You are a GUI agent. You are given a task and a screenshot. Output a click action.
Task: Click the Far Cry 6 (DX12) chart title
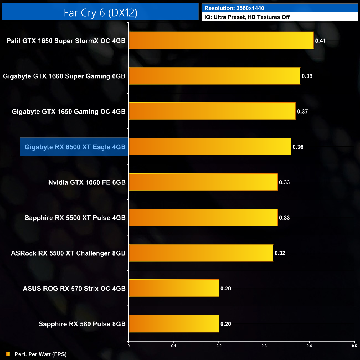(100, 12)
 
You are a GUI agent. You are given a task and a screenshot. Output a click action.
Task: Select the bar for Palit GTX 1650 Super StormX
(221, 40)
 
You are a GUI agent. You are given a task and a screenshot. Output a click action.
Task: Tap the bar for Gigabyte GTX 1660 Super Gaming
(215, 76)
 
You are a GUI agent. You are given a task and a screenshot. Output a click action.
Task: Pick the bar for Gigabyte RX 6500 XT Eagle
(210, 147)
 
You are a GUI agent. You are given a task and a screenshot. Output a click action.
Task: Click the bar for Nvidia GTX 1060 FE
(203, 182)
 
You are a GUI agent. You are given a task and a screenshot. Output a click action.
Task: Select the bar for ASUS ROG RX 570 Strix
(174, 288)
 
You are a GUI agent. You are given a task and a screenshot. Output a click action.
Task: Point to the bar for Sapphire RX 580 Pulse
(174, 324)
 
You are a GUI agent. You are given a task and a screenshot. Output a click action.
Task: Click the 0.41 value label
(320, 41)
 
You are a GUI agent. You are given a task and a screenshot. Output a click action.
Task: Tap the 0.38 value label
(307, 76)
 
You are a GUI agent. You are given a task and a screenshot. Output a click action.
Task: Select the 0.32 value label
(280, 253)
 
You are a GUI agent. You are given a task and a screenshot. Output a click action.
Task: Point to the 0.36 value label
(298, 147)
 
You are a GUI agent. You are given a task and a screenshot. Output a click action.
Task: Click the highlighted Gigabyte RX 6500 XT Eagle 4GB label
(75, 147)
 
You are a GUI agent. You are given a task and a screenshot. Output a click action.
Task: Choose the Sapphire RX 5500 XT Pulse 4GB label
(75, 218)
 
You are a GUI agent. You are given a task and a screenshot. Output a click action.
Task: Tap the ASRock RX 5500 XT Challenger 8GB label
(68, 253)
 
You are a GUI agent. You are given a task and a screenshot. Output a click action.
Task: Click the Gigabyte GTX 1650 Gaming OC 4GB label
(69, 112)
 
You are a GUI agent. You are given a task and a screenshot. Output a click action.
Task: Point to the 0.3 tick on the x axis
(264, 346)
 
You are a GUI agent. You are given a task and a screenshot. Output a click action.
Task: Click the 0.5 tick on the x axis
(354, 346)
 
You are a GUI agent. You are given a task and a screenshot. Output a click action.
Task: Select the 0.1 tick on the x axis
(174, 346)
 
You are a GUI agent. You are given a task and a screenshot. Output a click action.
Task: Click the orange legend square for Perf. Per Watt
(8, 354)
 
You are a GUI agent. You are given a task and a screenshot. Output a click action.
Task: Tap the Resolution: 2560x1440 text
(234, 8)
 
